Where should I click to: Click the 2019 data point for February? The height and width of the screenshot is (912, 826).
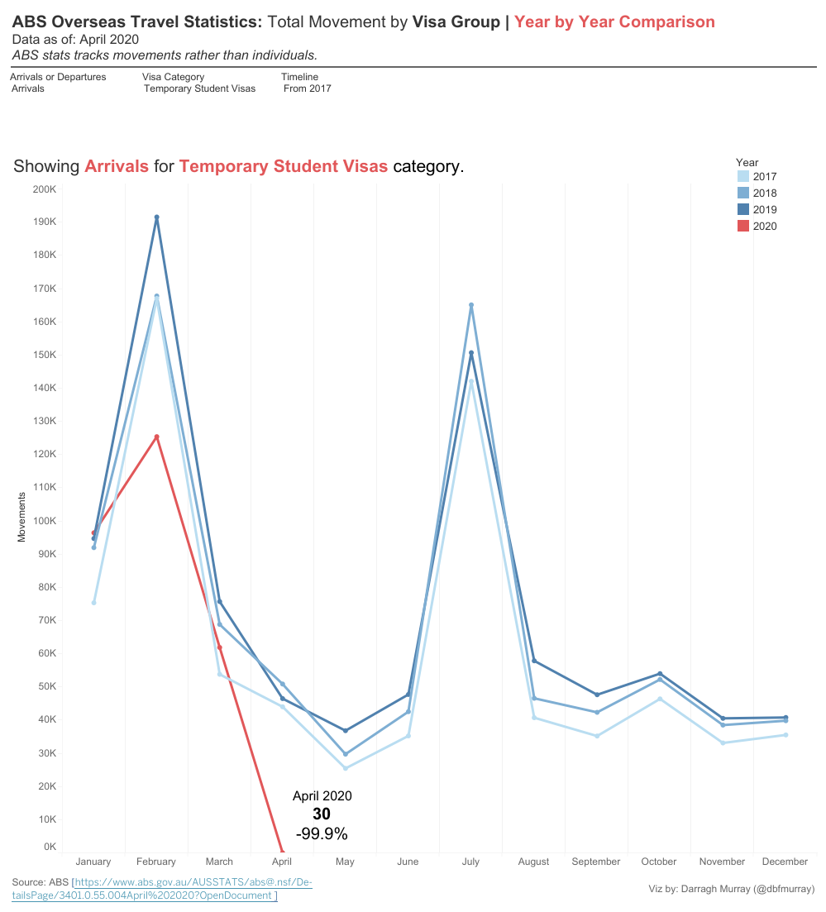point(156,217)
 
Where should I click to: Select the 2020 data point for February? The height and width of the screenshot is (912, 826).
point(156,437)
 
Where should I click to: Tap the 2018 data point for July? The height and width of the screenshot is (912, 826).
point(471,305)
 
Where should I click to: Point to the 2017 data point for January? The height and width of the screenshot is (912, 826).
point(93,603)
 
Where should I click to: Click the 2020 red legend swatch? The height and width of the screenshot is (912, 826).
point(743,227)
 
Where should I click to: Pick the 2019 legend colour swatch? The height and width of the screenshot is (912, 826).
point(743,210)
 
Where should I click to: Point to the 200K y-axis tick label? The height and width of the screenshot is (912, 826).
point(43,189)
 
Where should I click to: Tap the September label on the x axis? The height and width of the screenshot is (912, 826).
point(596,862)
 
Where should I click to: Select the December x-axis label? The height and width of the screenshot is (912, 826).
point(785,862)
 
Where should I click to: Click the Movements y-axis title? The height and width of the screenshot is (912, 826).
point(22,517)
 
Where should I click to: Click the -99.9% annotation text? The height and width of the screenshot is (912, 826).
point(322,833)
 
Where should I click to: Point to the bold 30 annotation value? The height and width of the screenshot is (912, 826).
point(322,814)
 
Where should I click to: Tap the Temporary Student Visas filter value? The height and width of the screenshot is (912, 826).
point(199,88)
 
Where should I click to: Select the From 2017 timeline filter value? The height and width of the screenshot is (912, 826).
point(307,88)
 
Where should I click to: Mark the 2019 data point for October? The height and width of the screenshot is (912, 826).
point(660,674)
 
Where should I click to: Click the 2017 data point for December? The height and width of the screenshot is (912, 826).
point(785,735)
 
